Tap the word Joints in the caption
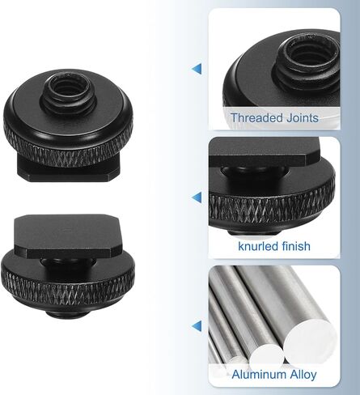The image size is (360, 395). [x=303, y=118]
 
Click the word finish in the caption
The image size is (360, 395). [x=296, y=246]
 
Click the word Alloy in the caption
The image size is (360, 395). [x=303, y=375]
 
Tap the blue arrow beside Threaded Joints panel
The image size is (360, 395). [x=197, y=69]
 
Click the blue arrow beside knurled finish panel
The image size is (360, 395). [x=197, y=197]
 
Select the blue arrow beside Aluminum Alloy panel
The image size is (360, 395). [x=197, y=326]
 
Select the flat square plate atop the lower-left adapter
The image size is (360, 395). [x=67, y=236]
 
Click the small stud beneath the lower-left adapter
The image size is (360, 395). [x=67, y=313]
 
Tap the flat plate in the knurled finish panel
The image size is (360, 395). [x=265, y=152]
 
